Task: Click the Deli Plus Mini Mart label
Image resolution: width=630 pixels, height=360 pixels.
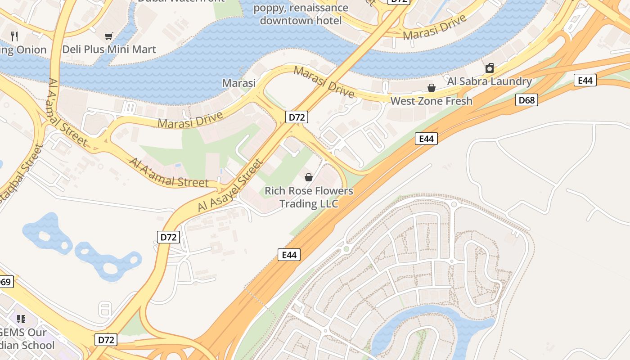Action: pyautogui.click(x=109, y=49)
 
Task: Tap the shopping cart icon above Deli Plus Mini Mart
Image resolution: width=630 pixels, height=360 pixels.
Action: pyautogui.click(x=108, y=36)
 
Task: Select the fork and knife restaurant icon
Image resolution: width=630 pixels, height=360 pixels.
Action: pyautogui.click(x=15, y=36)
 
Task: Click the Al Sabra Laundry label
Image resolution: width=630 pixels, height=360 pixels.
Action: pyautogui.click(x=489, y=81)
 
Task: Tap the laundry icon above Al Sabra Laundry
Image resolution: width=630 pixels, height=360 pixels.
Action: pyautogui.click(x=490, y=68)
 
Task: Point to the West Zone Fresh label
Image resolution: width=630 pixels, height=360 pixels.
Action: pyautogui.click(x=431, y=101)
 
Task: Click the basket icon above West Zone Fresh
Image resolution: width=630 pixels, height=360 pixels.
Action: pyautogui.click(x=431, y=87)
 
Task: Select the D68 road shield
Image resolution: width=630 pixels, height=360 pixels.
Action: pyautogui.click(x=526, y=100)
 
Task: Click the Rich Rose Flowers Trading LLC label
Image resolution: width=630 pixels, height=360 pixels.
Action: pyautogui.click(x=309, y=197)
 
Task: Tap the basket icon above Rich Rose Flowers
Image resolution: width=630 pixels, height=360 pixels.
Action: pyautogui.click(x=309, y=177)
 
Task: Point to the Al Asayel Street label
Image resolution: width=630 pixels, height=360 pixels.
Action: pyautogui.click(x=229, y=185)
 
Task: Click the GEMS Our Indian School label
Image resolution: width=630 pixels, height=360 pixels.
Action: pyautogui.click(x=27, y=339)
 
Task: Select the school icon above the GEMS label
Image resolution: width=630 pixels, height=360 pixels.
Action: pyautogui.click(x=21, y=319)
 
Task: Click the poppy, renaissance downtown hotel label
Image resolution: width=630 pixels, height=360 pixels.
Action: pyautogui.click(x=301, y=14)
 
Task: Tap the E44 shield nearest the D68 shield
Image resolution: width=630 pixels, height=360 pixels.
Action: pyautogui.click(x=585, y=80)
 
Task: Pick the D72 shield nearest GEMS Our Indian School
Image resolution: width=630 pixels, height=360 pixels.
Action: pyautogui.click(x=106, y=339)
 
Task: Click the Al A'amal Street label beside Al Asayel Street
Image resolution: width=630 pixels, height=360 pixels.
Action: pyautogui.click(x=169, y=173)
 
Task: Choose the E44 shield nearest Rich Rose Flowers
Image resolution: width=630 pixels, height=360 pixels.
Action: pyautogui.click(x=289, y=255)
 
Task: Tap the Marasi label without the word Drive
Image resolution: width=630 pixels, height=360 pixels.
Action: pyautogui.click(x=239, y=83)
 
